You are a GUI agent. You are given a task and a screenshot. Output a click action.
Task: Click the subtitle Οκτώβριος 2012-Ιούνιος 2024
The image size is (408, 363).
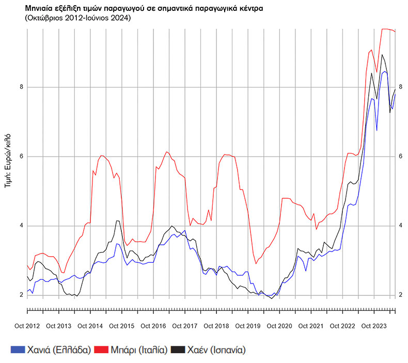coord(77,18)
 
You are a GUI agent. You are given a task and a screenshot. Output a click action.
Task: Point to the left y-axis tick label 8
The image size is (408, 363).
coord(22,87)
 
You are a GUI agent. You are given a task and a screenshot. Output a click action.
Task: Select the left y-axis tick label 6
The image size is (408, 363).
coord(22,156)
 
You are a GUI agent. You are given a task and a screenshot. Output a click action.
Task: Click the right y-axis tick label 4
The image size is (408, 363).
coord(400,226)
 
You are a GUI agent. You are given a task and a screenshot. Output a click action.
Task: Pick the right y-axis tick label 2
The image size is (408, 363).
coord(400,295)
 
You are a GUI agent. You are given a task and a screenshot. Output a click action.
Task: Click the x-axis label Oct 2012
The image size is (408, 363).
coord(27,326)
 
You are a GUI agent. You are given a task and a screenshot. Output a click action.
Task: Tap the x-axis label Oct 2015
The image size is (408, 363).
coord(121,326)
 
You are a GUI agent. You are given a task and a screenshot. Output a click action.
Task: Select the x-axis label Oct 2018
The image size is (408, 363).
coord(216,326)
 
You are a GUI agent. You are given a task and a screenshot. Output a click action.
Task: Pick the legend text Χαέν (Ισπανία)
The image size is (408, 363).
coord(216,350)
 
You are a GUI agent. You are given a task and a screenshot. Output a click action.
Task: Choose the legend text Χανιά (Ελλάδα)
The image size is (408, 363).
coord(58,350)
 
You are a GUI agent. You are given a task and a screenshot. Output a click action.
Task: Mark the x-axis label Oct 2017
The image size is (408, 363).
coord(184,326)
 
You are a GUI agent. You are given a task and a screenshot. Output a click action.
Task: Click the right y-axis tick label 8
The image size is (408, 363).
coord(400,87)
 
